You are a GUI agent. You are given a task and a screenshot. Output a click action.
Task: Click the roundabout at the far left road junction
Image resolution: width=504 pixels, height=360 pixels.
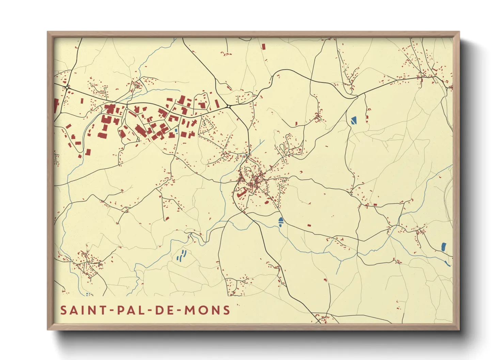(67, 87)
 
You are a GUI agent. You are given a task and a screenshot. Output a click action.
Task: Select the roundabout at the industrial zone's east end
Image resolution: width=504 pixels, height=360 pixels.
(229, 107)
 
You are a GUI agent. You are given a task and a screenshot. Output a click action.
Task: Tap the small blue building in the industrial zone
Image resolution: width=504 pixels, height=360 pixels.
(176, 130)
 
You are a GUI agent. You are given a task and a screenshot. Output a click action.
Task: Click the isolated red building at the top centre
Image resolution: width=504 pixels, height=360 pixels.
(263, 47)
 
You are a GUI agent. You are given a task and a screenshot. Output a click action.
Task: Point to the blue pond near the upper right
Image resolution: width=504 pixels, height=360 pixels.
(353, 120)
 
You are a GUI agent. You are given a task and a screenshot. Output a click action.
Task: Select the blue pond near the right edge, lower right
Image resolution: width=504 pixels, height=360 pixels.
(443, 247)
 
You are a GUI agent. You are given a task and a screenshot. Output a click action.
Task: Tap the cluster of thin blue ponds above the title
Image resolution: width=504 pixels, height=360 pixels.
(182, 256)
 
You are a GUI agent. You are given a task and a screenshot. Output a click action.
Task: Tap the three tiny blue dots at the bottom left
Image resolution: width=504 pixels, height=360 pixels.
(88, 294)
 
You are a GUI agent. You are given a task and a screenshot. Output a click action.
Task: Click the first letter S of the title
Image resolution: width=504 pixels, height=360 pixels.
(63, 310)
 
